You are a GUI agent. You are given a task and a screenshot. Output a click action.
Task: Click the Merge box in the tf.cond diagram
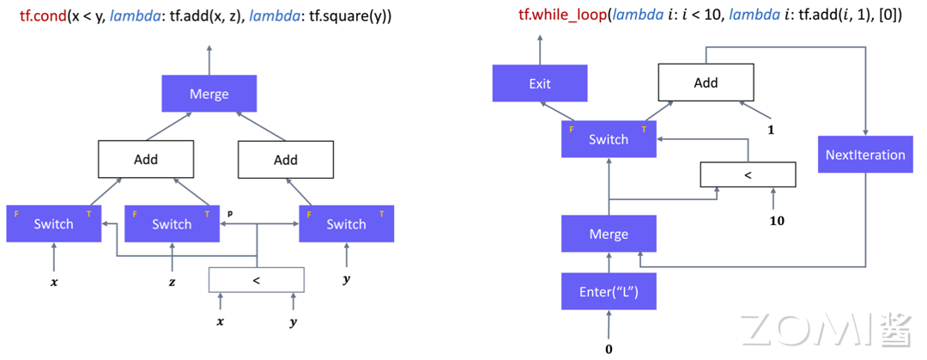(x=209, y=93)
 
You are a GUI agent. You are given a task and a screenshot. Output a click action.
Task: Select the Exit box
(x=540, y=83)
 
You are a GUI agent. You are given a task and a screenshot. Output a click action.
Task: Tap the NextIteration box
(x=865, y=155)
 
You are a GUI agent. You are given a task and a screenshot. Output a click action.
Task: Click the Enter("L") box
(x=609, y=291)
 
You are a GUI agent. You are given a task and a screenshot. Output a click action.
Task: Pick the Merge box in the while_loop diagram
(x=609, y=234)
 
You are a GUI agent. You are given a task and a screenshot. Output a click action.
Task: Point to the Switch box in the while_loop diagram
(x=609, y=139)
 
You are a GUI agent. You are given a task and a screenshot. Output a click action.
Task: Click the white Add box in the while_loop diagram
(x=705, y=82)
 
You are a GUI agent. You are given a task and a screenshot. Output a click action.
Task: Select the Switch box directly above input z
(x=172, y=223)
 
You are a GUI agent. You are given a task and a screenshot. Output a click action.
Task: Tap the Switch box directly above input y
(x=346, y=223)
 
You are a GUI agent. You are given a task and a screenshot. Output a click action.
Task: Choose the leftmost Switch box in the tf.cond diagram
(x=53, y=223)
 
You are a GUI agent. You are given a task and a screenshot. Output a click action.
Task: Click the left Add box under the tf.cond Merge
(x=145, y=159)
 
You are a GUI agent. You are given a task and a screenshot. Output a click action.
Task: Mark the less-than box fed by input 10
(x=748, y=175)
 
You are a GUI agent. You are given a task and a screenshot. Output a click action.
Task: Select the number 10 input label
(x=777, y=221)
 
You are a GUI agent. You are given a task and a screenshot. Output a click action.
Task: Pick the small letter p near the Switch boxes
(x=230, y=211)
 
